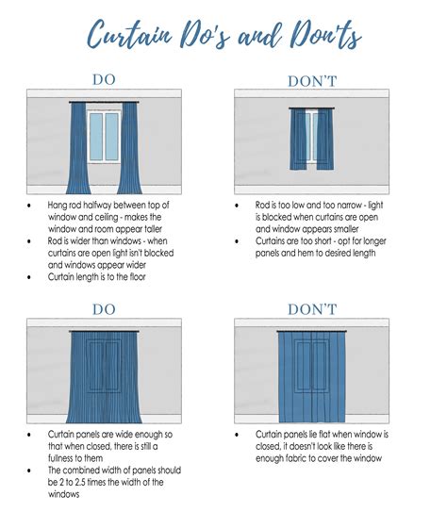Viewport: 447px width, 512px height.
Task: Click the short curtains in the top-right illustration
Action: pyautogui.click(x=310, y=139)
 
